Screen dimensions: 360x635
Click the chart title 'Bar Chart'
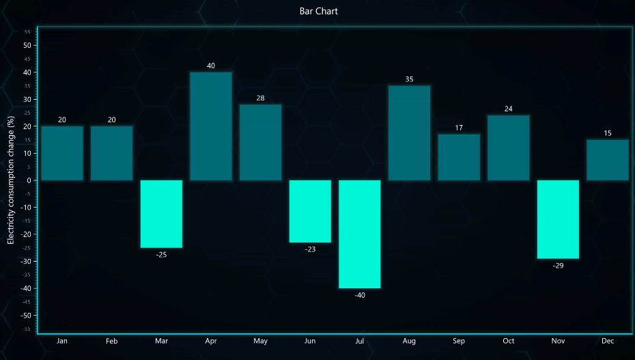318,11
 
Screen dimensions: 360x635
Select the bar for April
211,126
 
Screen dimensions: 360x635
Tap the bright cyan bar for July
360,234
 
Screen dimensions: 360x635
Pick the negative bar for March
161,214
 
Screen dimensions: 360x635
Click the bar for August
409,133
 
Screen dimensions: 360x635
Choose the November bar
558,219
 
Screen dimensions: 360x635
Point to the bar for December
608,160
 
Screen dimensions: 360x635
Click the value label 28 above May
260,98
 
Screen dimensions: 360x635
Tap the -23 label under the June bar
310,249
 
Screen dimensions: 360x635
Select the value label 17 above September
459,128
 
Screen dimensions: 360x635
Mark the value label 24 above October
509,109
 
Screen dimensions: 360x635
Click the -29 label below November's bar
558,266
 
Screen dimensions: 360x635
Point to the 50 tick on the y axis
27,45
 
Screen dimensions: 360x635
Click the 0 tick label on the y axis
29,180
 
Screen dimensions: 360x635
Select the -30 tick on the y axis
26,262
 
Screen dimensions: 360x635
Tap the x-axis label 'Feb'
112,341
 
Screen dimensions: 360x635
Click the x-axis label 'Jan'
62,341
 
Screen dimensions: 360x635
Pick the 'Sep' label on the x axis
459,341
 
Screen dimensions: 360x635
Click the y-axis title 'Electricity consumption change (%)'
11,180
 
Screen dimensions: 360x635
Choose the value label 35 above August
409,79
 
